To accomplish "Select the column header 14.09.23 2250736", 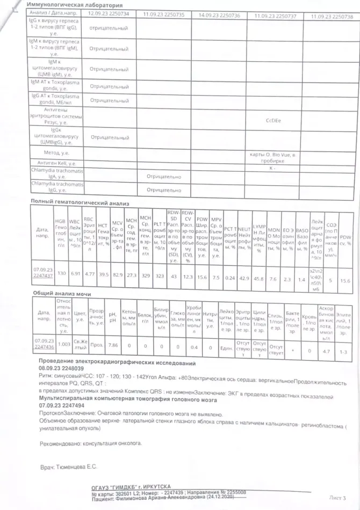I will coord(219,16).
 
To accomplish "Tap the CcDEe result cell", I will coord(274,121).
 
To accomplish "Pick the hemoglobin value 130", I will coord(61,273).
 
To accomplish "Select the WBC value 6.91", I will coord(75,273).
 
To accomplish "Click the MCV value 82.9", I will coord(117,274).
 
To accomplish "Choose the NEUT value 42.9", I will coord(244,278).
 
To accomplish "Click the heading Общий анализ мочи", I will coord(62,294).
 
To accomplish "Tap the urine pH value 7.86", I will coord(113,344).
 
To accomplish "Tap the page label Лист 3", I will coord(336,498).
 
